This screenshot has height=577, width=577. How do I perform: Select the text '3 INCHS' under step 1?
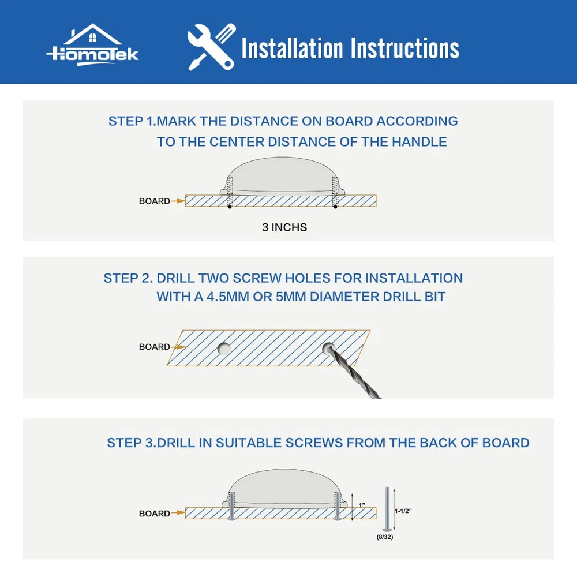pyautogui.click(x=284, y=227)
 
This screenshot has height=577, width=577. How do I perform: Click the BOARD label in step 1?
pyautogui.click(x=154, y=201)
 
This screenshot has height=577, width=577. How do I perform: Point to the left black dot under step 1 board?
pyautogui.click(x=230, y=207)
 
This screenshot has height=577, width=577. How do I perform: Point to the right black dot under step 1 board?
pyautogui.click(x=335, y=207)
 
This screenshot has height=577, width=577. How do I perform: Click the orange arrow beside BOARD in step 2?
pyautogui.click(x=178, y=347)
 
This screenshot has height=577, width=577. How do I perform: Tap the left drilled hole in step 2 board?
pyautogui.click(x=224, y=349)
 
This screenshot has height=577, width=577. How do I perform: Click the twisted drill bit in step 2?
pyautogui.click(x=353, y=371)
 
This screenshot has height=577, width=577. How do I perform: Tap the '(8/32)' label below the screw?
pyautogui.click(x=385, y=537)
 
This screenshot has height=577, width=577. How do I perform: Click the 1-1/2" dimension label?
pyautogui.click(x=403, y=511)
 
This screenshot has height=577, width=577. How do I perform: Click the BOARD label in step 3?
pyautogui.click(x=154, y=514)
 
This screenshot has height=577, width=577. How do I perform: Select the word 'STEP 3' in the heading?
pyautogui.click(x=126, y=443)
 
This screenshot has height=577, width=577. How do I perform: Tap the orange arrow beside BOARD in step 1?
pyautogui.click(x=178, y=201)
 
